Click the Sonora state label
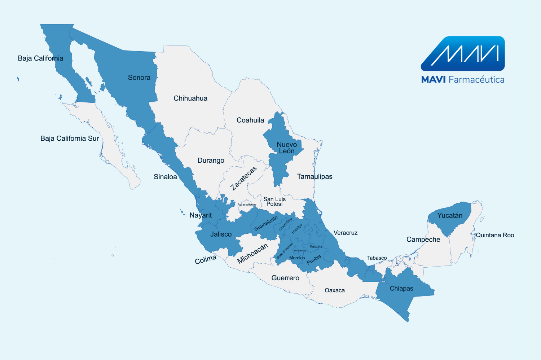(x=139, y=78)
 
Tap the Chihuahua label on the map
(x=190, y=98)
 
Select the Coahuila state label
(x=250, y=120)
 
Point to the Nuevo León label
(x=287, y=148)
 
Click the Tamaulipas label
(x=315, y=176)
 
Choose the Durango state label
(x=211, y=161)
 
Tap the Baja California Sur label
(x=70, y=139)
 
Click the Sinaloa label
(x=165, y=177)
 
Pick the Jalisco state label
(x=221, y=234)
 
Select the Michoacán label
(x=252, y=253)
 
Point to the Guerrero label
(x=285, y=278)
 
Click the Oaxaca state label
(x=335, y=290)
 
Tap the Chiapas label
(x=401, y=289)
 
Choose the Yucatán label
(x=450, y=216)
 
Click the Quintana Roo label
(x=495, y=235)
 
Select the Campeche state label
(x=423, y=240)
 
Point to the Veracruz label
(x=346, y=233)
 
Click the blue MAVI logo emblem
(x=463, y=53)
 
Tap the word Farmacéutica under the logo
(x=476, y=80)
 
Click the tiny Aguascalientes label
(x=247, y=205)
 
